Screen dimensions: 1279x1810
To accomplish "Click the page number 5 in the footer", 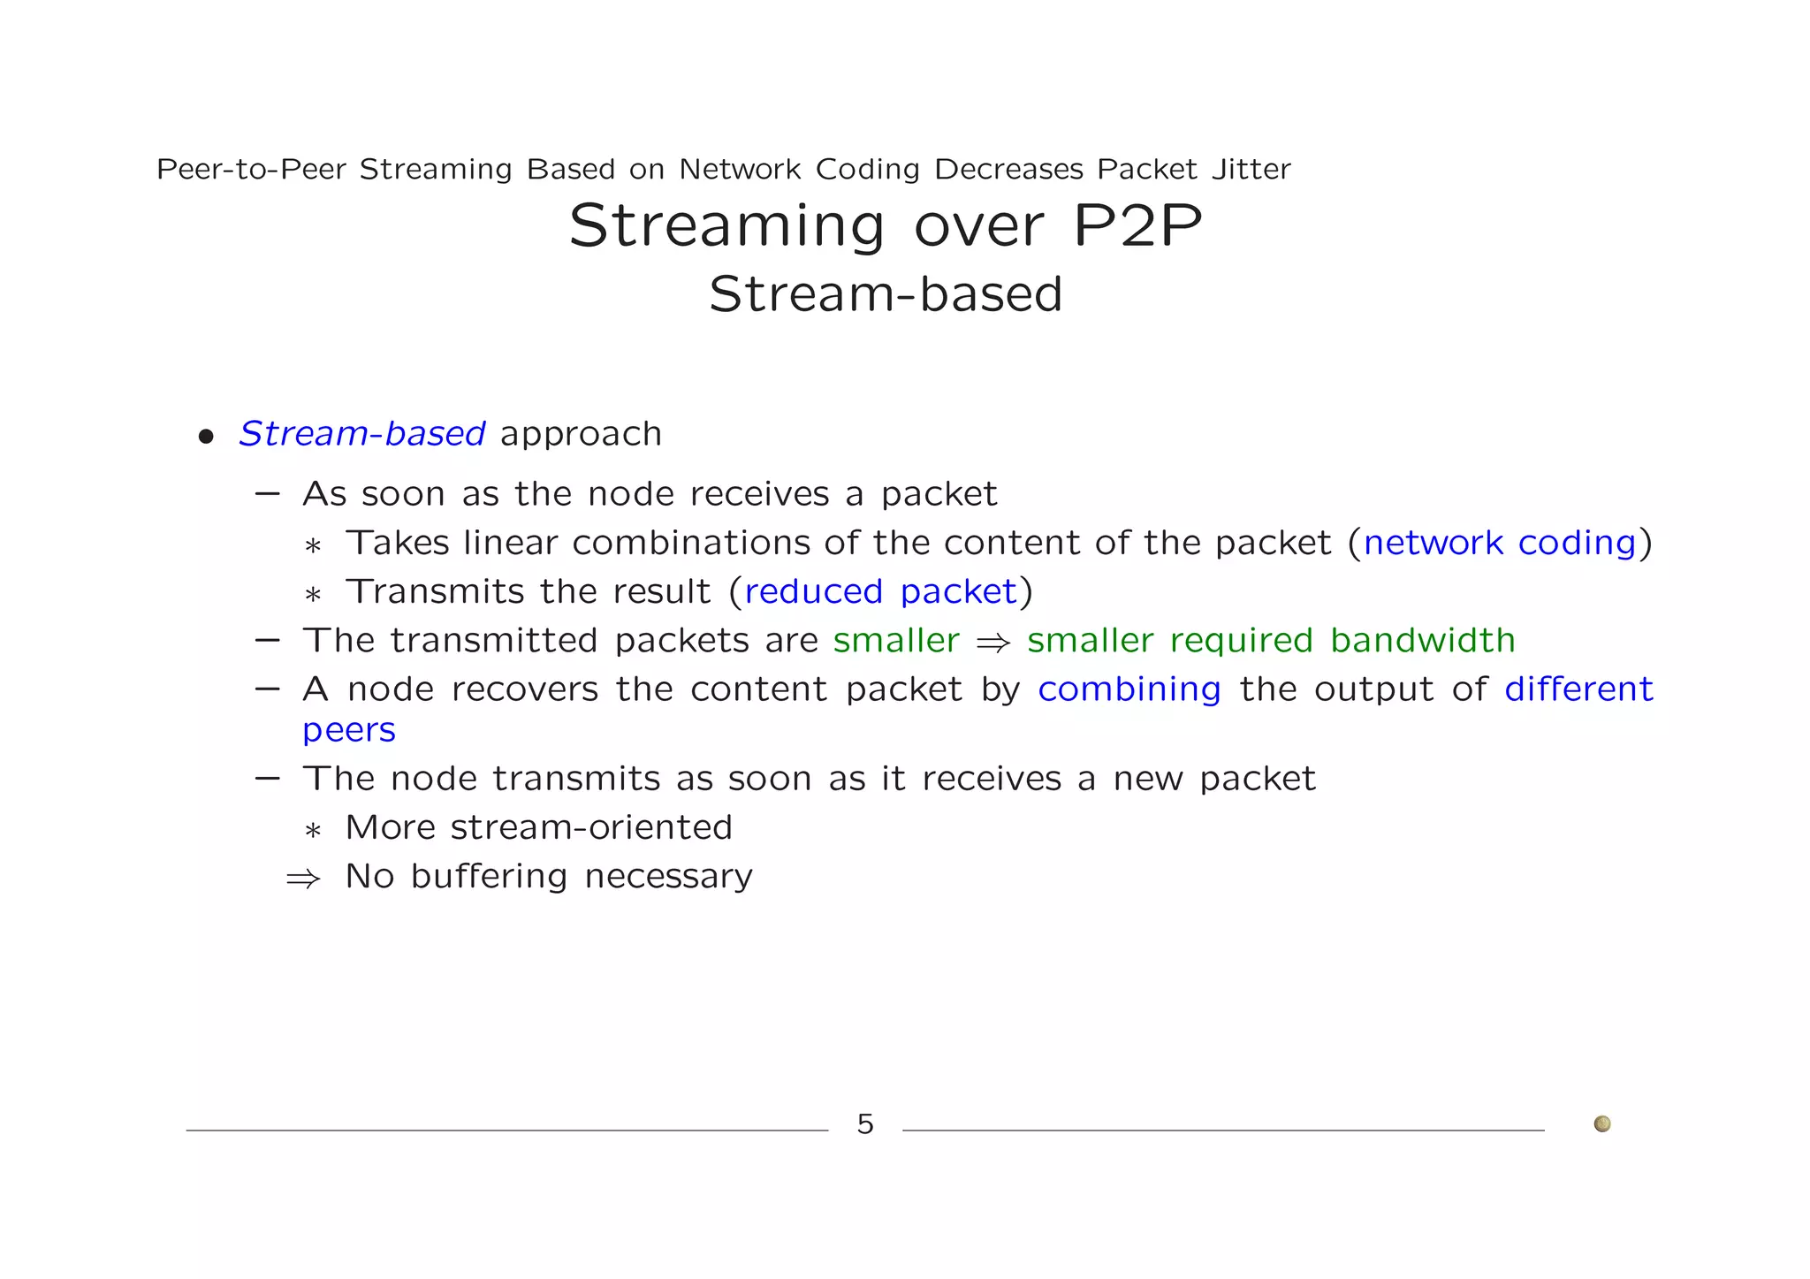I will (865, 1124).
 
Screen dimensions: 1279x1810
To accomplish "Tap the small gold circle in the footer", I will (1601, 1123).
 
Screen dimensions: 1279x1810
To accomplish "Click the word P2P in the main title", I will (1137, 226).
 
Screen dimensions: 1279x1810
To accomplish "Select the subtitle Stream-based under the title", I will (886, 294).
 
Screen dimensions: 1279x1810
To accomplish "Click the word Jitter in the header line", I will (1251, 169).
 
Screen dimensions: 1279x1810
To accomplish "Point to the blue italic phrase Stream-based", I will (362, 434).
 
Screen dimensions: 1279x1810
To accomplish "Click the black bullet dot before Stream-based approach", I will (206, 437).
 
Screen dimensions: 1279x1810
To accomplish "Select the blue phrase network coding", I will (1500, 543).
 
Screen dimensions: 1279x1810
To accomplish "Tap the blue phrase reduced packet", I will (880, 591).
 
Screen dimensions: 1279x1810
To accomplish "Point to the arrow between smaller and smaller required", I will (992, 643).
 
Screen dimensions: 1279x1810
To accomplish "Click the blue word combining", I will (1129, 689).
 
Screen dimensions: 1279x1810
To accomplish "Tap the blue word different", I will (1578, 689).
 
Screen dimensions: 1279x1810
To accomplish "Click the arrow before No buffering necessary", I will (303, 879).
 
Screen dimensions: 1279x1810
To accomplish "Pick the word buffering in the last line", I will (489, 876).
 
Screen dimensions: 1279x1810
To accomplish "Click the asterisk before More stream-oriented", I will (312, 831).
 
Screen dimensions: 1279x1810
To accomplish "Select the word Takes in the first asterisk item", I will (397, 543).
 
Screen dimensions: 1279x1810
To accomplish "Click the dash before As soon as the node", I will (267, 493).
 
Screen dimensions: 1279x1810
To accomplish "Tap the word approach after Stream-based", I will (581, 434).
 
